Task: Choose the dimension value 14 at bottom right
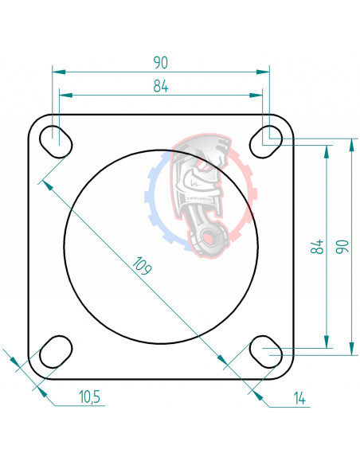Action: [299, 397]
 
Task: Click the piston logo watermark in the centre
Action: [202, 195]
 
